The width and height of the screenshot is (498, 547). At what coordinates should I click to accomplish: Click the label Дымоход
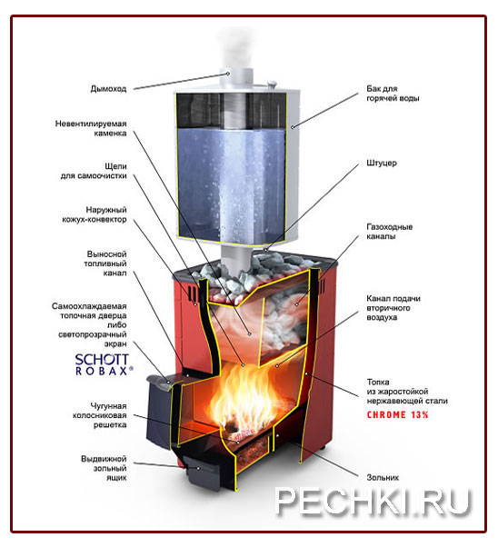pyautogui.click(x=108, y=89)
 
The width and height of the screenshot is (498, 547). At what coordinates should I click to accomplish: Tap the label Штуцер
pyautogui.click(x=382, y=163)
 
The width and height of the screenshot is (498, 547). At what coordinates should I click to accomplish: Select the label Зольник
pyautogui.click(x=383, y=477)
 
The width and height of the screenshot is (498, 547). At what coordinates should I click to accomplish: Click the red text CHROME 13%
pyautogui.click(x=397, y=414)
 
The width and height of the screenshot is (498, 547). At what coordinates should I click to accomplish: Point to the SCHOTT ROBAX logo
pyautogui.click(x=104, y=364)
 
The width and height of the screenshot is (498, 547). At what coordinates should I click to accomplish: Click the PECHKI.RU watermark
pyautogui.click(x=373, y=502)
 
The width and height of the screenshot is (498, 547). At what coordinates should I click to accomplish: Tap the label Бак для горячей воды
pyautogui.click(x=393, y=94)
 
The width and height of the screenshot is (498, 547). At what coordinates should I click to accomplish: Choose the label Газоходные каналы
pyautogui.click(x=390, y=232)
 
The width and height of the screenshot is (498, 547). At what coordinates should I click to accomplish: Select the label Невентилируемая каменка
pyautogui.click(x=91, y=128)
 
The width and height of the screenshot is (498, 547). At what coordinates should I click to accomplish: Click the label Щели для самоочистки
pyautogui.click(x=94, y=171)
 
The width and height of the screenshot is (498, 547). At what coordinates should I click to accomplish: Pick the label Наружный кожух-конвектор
pyautogui.click(x=95, y=214)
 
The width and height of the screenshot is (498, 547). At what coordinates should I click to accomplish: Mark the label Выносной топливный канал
pyautogui.click(x=105, y=264)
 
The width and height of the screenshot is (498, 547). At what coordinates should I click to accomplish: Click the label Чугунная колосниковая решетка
pyautogui.click(x=99, y=415)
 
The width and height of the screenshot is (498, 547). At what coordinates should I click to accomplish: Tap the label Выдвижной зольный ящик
pyautogui.click(x=104, y=468)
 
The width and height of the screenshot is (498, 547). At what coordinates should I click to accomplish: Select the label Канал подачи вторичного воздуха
pyautogui.click(x=393, y=308)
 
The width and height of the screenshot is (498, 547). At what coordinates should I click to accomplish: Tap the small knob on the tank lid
pyautogui.click(x=272, y=83)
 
